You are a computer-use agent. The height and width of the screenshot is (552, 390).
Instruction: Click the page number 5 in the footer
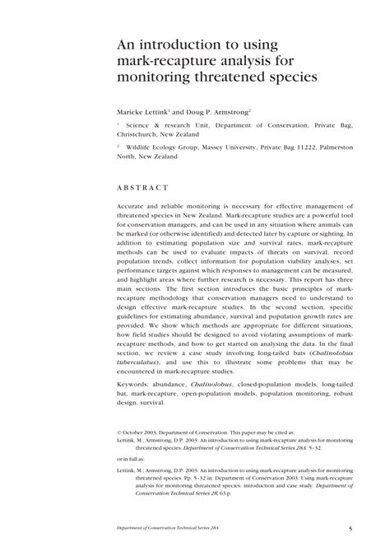point(351,528)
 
